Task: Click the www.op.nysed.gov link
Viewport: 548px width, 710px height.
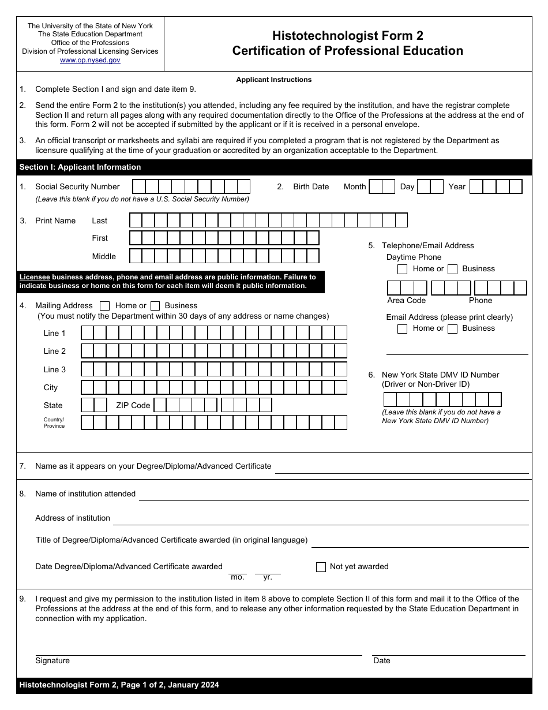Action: [x=90, y=60]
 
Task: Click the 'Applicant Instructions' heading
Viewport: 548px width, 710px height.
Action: [x=273, y=80]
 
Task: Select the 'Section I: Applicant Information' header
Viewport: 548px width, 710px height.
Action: [x=80, y=167]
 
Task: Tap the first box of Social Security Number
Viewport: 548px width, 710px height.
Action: [x=139, y=186]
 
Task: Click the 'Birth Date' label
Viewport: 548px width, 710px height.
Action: [x=311, y=186]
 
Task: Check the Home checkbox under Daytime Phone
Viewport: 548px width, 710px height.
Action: [x=403, y=269]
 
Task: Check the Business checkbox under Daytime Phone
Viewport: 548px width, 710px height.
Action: [x=453, y=269]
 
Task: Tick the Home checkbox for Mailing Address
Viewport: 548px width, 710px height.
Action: [x=105, y=306]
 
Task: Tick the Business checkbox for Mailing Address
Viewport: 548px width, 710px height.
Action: [x=155, y=306]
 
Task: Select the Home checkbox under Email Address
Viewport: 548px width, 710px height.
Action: [x=403, y=328]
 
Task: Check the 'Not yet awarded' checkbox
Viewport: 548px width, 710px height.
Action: [x=321, y=567]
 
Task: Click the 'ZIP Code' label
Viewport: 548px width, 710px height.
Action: [x=133, y=405]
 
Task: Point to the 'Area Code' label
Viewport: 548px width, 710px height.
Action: [x=406, y=300]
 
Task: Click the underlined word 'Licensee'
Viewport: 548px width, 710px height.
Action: [x=35, y=277]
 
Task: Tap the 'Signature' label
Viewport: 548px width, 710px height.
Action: [x=52, y=660]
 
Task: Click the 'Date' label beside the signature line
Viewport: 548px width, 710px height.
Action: [x=381, y=660]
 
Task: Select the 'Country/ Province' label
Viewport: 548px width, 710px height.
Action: [x=54, y=423]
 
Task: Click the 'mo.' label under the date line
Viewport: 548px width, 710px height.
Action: [x=237, y=577]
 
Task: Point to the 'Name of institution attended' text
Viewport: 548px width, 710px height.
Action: [x=85, y=494]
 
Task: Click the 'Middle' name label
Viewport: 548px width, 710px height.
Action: [x=104, y=256]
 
